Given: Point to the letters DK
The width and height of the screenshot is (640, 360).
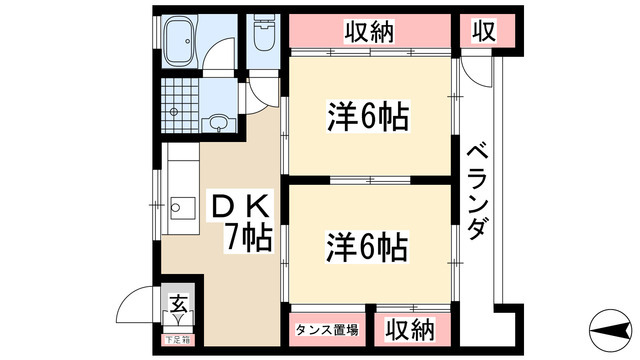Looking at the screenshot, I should pyautogui.click(x=237, y=207).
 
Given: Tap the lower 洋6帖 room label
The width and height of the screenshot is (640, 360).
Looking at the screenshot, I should pyautogui.click(x=367, y=245).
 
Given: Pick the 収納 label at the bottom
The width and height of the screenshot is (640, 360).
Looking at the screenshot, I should pyautogui.click(x=411, y=328).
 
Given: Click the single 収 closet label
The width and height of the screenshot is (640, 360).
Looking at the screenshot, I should pyautogui.click(x=484, y=32).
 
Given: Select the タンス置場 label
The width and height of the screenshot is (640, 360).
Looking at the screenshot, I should pyautogui.click(x=326, y=329).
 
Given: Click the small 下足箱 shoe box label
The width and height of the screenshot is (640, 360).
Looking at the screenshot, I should pyautogui.click(x=177, y=339).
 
